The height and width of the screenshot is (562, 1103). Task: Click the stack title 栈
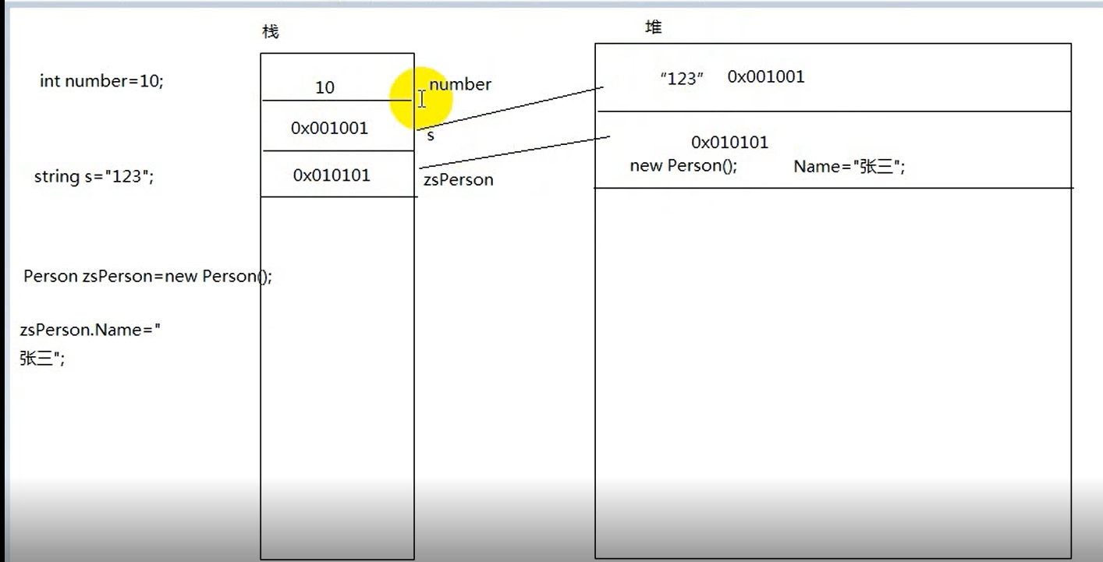(270, 31)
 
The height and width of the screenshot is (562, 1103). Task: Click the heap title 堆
(654, 27)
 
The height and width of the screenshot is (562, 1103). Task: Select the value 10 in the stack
(325, 87)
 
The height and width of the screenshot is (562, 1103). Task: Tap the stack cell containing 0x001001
(329, 128)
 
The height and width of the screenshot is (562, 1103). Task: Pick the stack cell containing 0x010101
(332, 175)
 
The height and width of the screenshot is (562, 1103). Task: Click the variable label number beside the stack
(460, 84)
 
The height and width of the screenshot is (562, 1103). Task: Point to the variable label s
(431, 136)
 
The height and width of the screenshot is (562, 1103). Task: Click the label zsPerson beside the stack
(459, 180)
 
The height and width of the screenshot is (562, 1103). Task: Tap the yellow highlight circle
(422, 98)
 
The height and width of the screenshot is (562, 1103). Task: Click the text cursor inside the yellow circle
(422, 99)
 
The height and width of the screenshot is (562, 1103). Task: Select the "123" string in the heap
(682, 78)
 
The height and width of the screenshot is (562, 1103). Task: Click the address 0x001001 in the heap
(765, 76)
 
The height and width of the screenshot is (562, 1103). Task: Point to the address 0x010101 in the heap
(729, 142)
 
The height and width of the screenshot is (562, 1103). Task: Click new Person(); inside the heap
(683, 166)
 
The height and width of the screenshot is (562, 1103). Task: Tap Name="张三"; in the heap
(849, 166)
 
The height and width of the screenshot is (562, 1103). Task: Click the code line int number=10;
(101, 81)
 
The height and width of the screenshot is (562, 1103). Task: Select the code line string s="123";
(94, 176)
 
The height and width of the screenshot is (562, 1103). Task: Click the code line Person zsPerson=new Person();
(147, 276)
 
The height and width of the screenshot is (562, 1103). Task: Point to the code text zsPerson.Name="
(90, 330)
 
